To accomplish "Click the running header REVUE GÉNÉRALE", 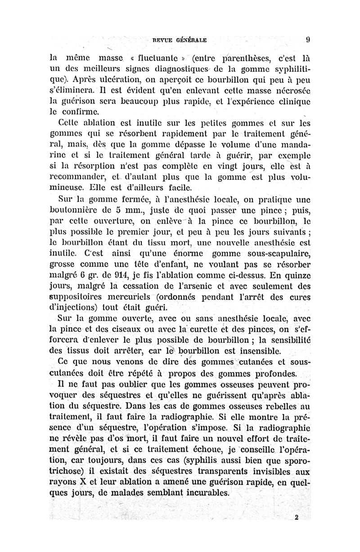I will [x=180, y=40].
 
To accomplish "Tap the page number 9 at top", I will [x=307, y=39].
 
